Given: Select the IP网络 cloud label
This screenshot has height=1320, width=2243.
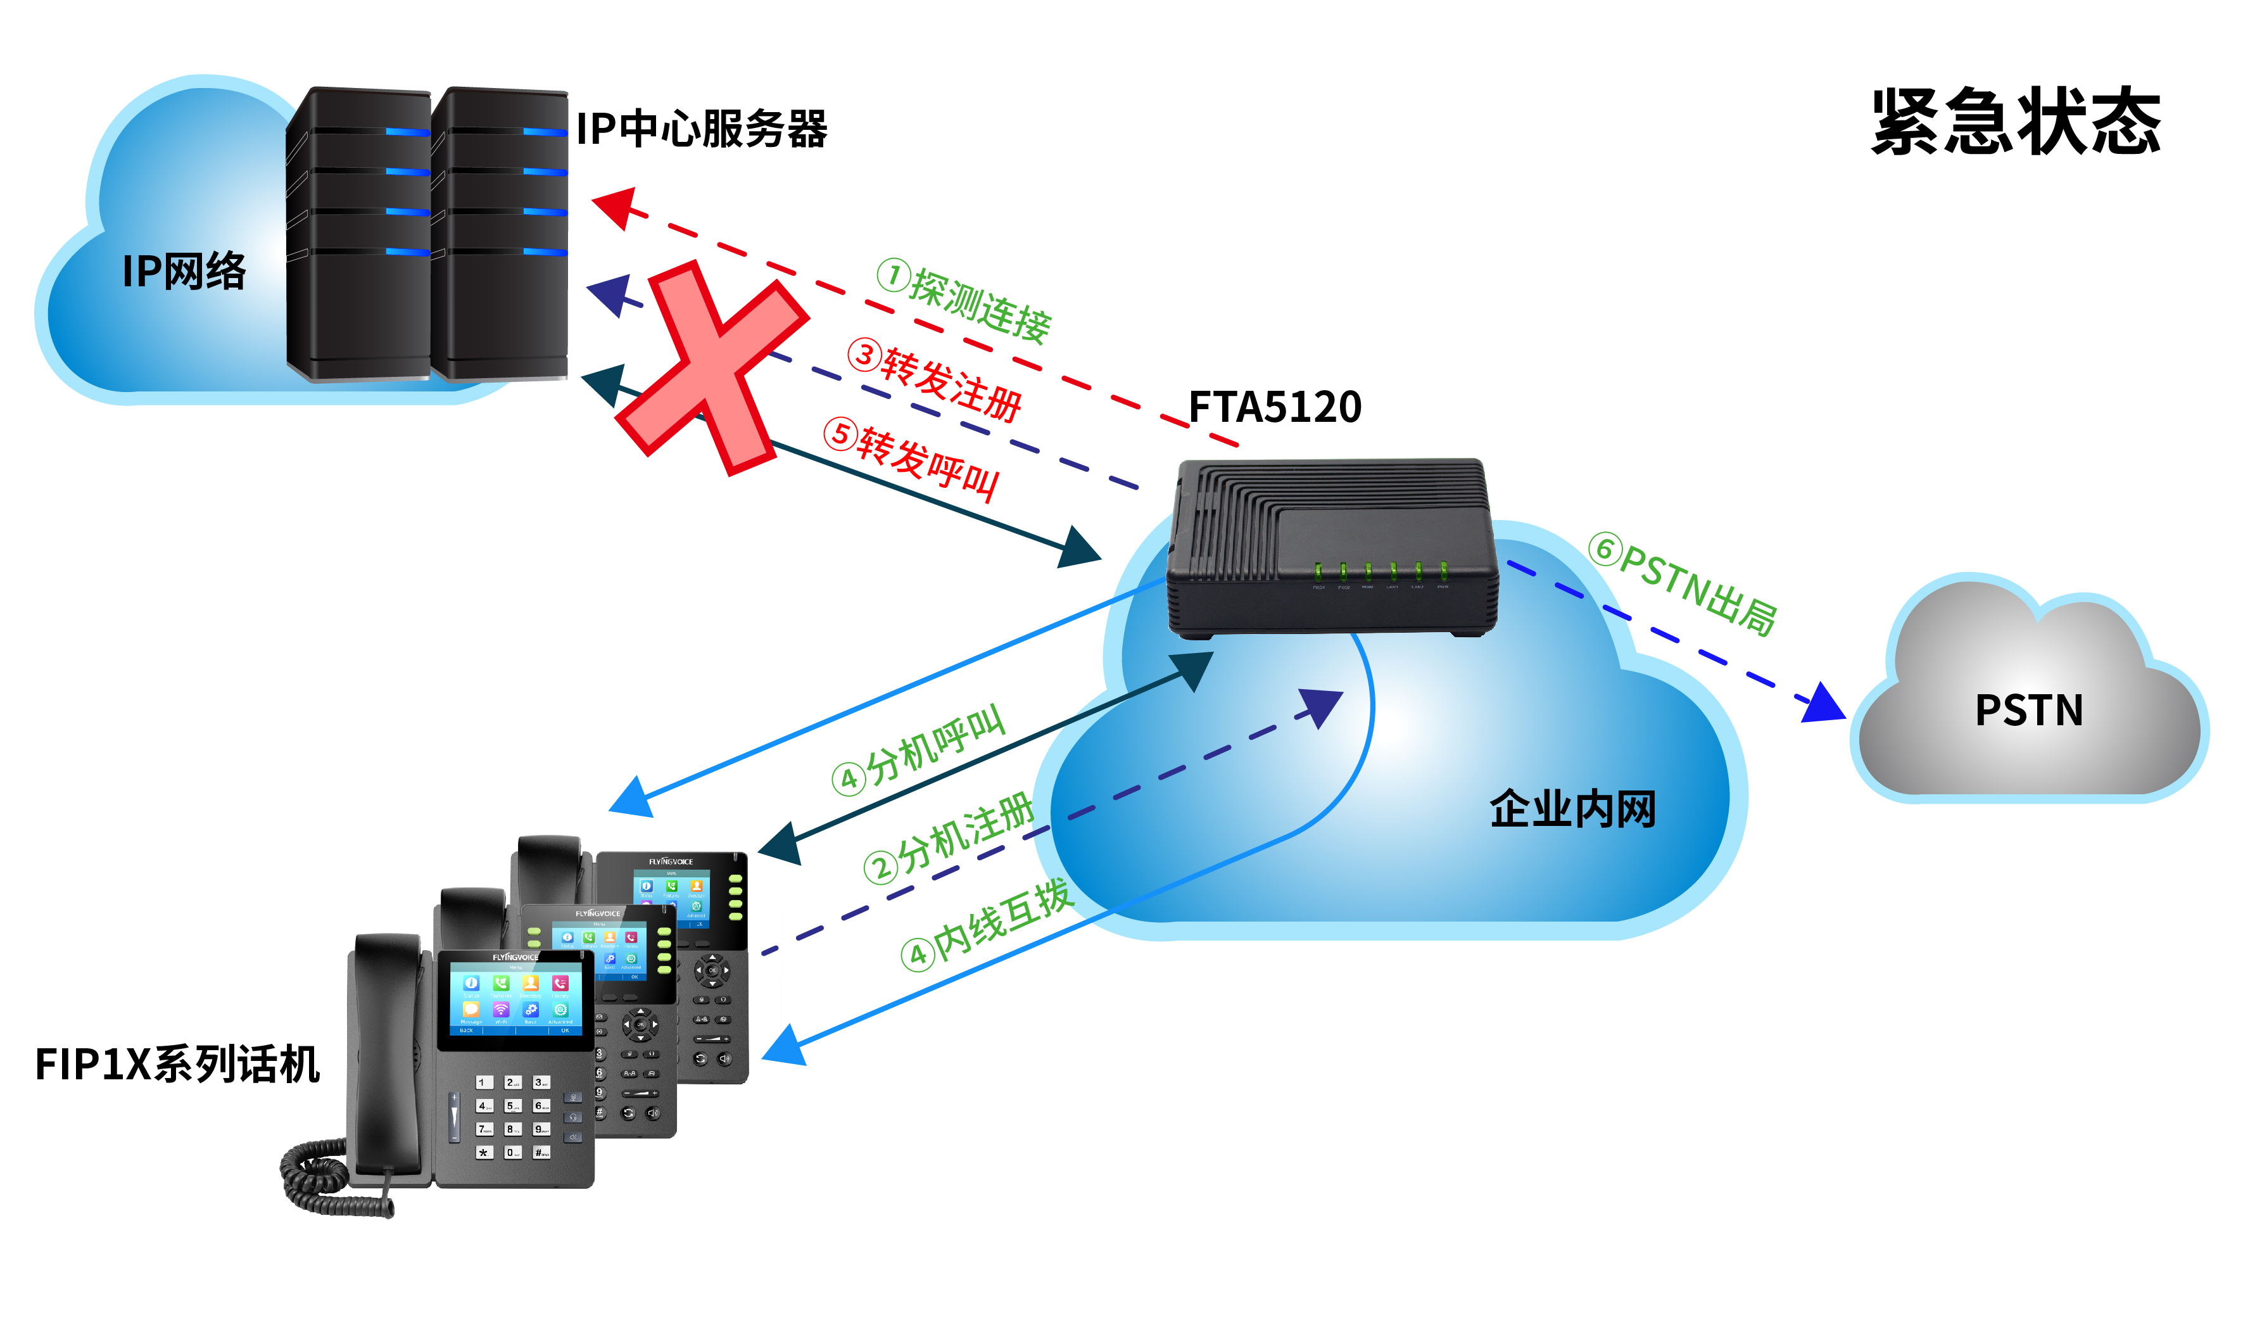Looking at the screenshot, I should point(184,272).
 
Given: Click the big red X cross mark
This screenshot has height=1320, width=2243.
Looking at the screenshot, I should point(712,367).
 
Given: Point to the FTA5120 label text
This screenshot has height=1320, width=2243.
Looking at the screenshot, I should point(1275,408).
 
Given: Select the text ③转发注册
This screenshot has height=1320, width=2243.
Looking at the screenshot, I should point(935,380).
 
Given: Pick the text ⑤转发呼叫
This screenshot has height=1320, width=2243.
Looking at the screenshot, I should point(911,460).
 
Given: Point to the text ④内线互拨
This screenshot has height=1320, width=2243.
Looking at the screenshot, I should point(986,924).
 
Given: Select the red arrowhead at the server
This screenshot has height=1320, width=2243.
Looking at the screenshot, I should point(616,206).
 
